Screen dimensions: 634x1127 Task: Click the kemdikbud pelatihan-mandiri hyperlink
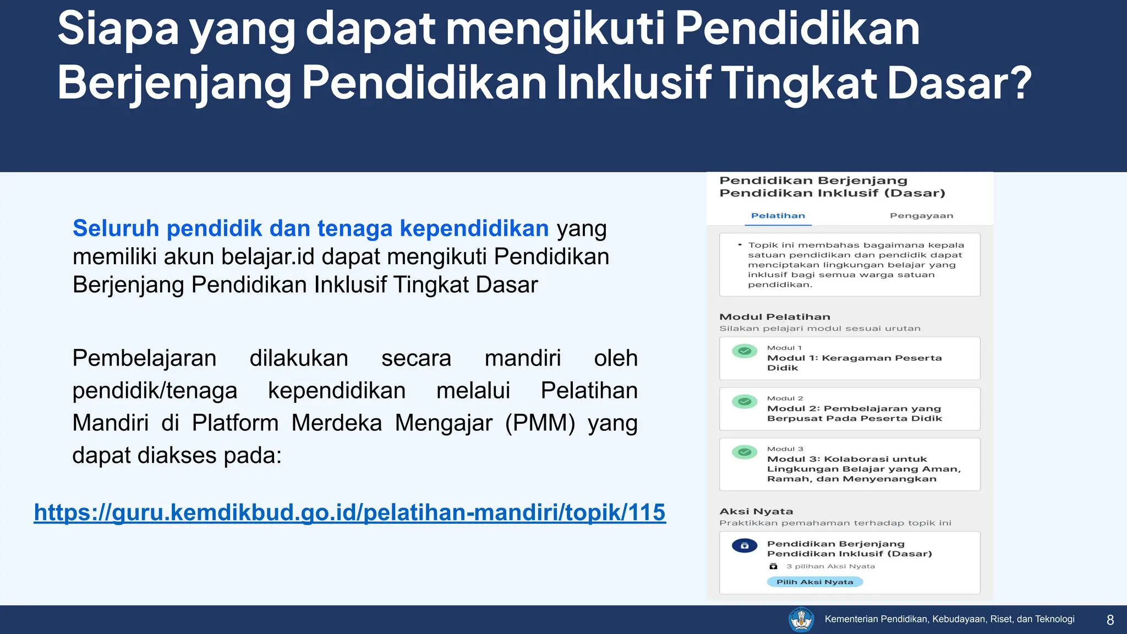pyautogui.click(x=349, y=512)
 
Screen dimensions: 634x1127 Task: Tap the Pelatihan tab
pyautogui.click(x=778, y=216)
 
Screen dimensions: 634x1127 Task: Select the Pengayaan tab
pyautogui.click(x=921, y=216)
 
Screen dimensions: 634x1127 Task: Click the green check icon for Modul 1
pyautogui.click(x=745, y=351)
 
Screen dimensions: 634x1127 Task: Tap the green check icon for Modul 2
pyautogui.click(x=745, y=402)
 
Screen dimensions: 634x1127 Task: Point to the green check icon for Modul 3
pyautogui.click(x=745, y=452)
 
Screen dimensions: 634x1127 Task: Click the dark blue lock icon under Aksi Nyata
pyautogui.click(x=745, y=546)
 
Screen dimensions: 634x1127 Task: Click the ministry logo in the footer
pyautogui.click(x=801, y=620)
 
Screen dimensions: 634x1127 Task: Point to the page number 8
pyautogui.click(x=1110, y=620)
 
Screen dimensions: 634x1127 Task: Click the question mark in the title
pyautogui.click(x=1021, y=83)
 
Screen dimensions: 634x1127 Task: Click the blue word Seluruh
pyautogui.click(x=116, y=228)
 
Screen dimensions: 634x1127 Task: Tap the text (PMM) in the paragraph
pyautogui.click(x=540, y=423)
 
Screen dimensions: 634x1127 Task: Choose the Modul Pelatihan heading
pyautogui.click(x=774, y=317)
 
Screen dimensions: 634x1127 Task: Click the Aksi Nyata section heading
pyautogui.click(x=756, y=511)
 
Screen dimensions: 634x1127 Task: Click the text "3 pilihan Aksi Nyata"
pyautogui.click(x=830, y=566)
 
